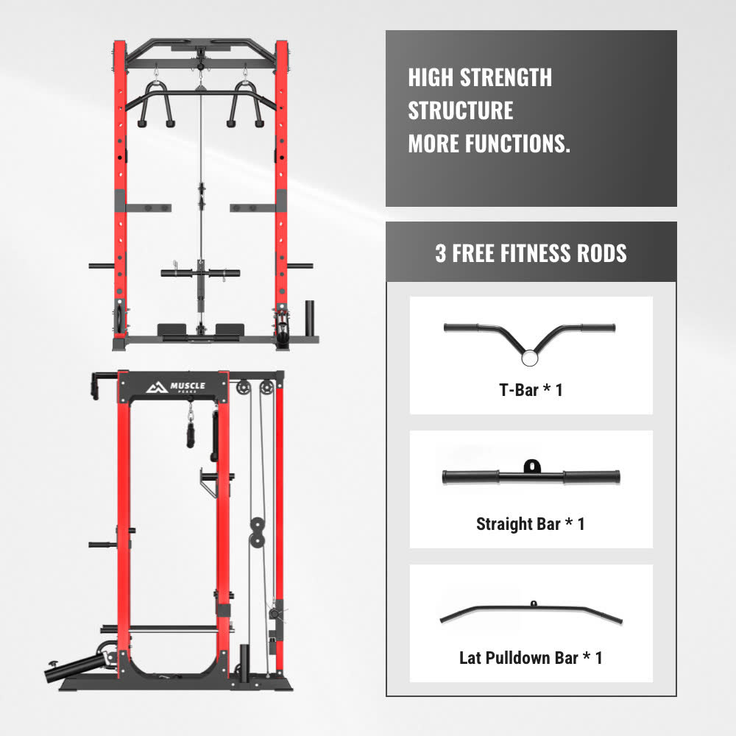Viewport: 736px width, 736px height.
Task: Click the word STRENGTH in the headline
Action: (506, 77)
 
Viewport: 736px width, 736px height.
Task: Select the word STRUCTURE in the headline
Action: (461, 111)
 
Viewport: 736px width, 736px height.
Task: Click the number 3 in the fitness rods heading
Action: (440, 253)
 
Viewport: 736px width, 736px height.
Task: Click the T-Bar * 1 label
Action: (531, 389)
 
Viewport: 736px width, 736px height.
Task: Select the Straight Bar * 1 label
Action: (531, 524)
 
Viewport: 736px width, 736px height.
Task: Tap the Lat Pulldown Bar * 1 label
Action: (531, 658)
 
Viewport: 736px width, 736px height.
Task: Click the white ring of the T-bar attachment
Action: (529, 358)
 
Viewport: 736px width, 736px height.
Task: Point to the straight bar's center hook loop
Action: (532, 466)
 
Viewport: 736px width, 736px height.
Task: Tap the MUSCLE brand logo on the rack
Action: (176, 387)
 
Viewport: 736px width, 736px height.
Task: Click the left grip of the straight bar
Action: (471, 478)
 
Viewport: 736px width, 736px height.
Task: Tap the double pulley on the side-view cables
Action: (257, 532)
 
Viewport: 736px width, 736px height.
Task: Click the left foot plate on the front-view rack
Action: (171, 330)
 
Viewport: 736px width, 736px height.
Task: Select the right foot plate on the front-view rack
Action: (230, 330)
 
